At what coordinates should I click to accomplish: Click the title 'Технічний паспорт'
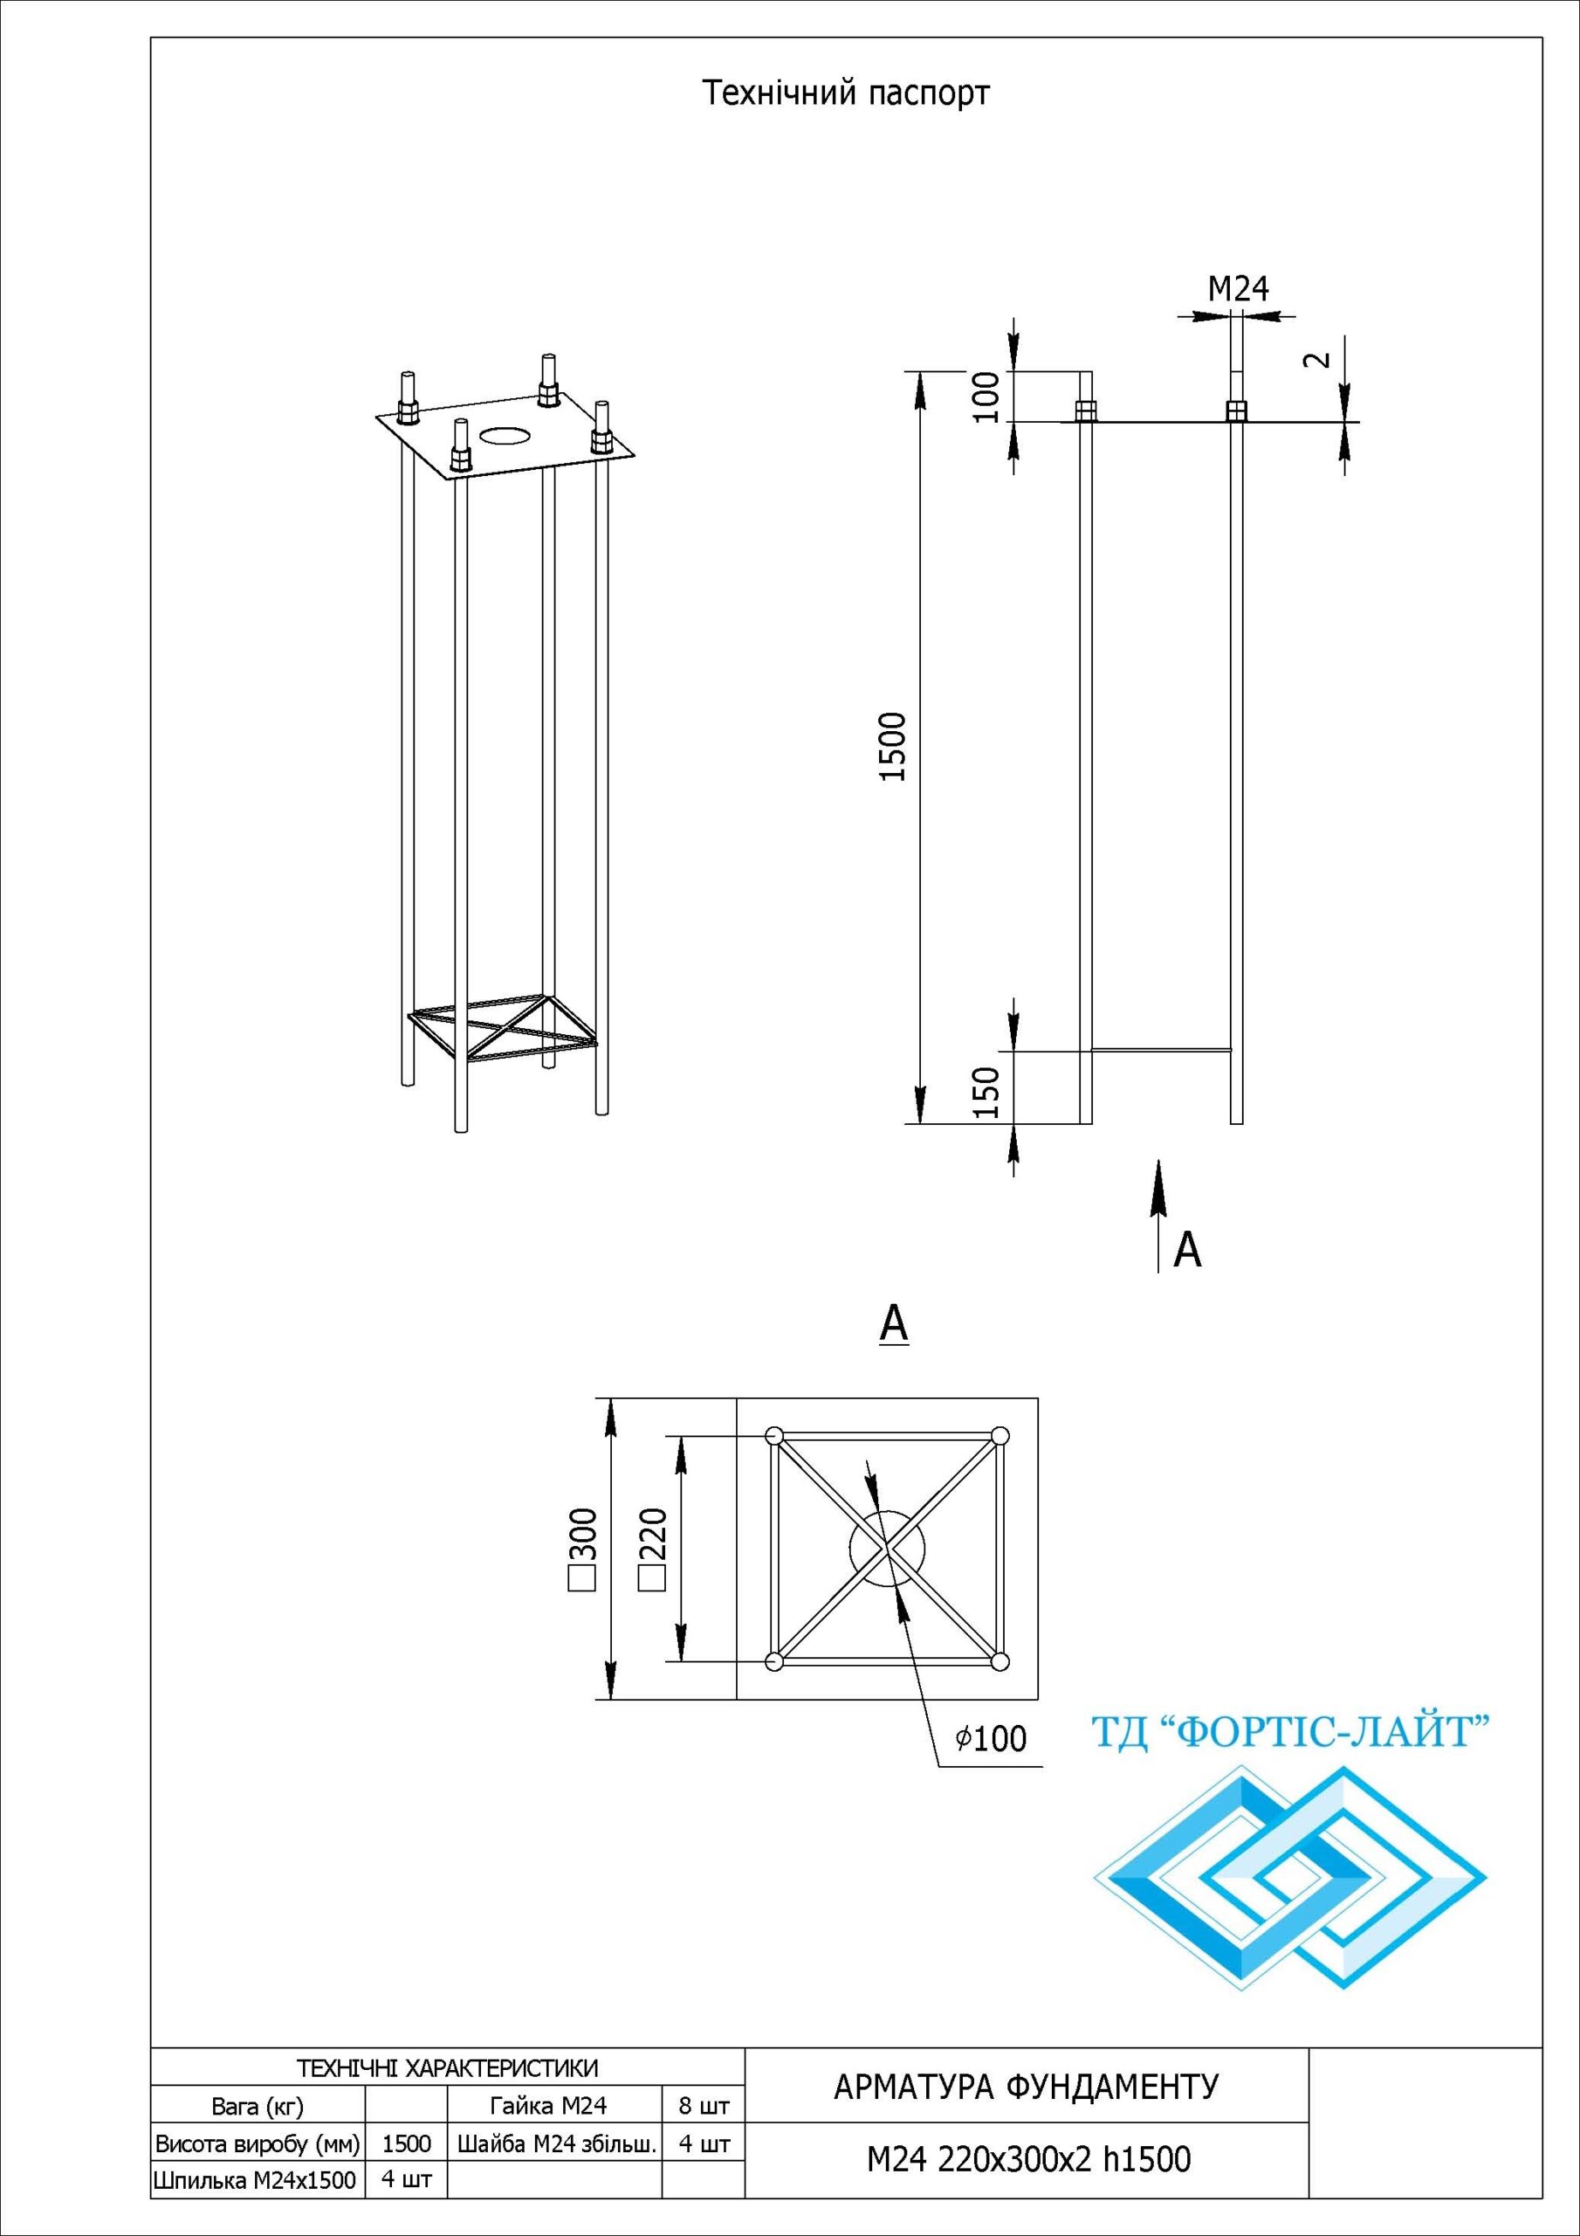(x=846, y=93)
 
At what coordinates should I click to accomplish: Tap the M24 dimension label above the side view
(x=1239, y=288)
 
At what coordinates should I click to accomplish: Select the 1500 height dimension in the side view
(x=893, y=747)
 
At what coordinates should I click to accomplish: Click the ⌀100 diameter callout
(x=991, y=1738)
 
